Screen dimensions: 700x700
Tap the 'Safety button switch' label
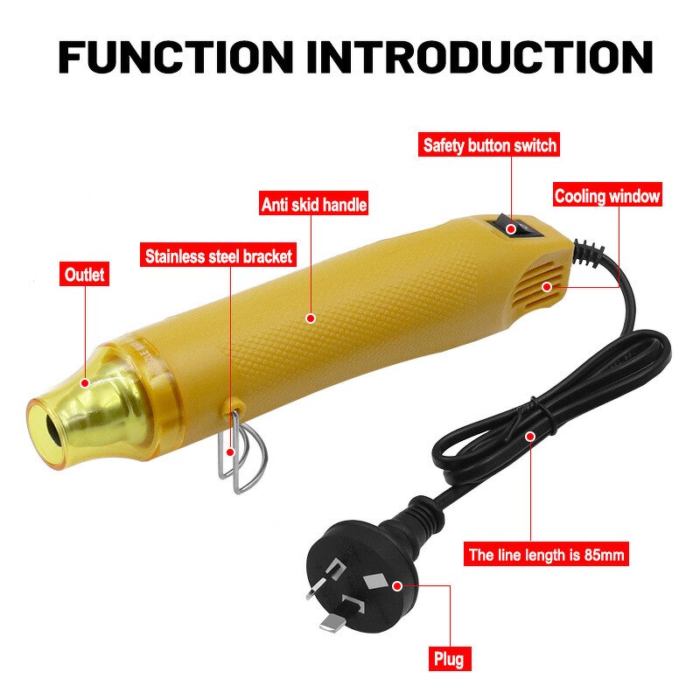pyautogui.click(x=490, y=145)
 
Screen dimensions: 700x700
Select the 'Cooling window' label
pyautogui.click(x=607, y=196)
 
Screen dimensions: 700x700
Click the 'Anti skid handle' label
pyautogui.click(x=314, y=205)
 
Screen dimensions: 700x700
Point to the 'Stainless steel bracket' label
pyautogui.click(x=218, y=257)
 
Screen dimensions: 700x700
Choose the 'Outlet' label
pyautogui.click(x=84, y=275)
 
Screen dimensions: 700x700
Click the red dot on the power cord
pyautogui.click(x=528, y=435)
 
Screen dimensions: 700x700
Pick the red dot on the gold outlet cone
pyautogui.click(x=85, y=381)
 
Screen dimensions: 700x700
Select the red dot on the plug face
pyautogui.click(x=397, y=584)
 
